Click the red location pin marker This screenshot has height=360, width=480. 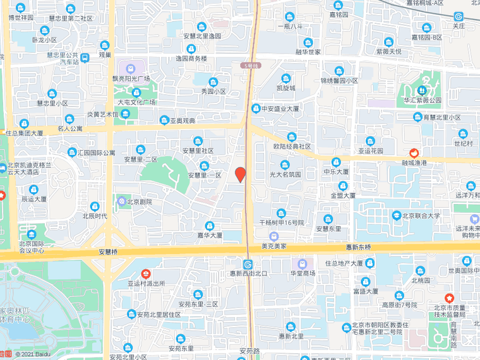[x=240, y=174]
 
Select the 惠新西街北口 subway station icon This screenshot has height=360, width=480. [x=248, y=264]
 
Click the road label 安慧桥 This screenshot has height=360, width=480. [x=109, y=251]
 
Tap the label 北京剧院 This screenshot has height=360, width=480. [x=139, y=202]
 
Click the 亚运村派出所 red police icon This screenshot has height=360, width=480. [x=146, y=274]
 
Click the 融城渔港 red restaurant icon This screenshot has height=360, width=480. [x=414, y=153]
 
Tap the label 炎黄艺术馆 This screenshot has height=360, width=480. [x=102, y=114]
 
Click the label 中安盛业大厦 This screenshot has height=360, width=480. [x=279, y=109]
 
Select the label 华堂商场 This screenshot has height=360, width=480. [x=303, y=273]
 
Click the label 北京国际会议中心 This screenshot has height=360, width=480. [x=32, y=246]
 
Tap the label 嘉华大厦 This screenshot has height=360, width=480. [x=209, y=235]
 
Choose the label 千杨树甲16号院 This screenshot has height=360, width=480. [x=282, y=223]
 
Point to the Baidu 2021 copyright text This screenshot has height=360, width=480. [x=33, y=355]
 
